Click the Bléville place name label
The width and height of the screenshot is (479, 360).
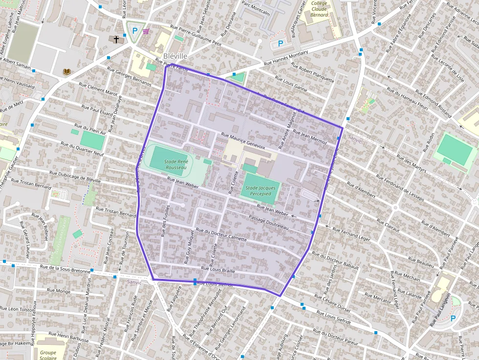coord(176,56)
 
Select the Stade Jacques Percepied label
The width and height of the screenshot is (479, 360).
coord(261,191)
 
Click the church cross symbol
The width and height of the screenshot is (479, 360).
coord(116,39)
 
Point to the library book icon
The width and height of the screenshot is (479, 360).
coord(66,72)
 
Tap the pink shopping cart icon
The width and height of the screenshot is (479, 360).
coord(146,31)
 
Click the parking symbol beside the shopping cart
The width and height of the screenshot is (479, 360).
coord(135,30)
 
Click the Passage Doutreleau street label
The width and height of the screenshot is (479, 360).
coord(269,222)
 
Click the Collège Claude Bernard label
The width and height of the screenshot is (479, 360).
coord(320,9)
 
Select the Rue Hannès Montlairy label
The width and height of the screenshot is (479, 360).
coord(286,58)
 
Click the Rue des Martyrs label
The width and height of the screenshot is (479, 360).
coord(412,165)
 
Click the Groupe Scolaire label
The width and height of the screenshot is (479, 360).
coord(48,355)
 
